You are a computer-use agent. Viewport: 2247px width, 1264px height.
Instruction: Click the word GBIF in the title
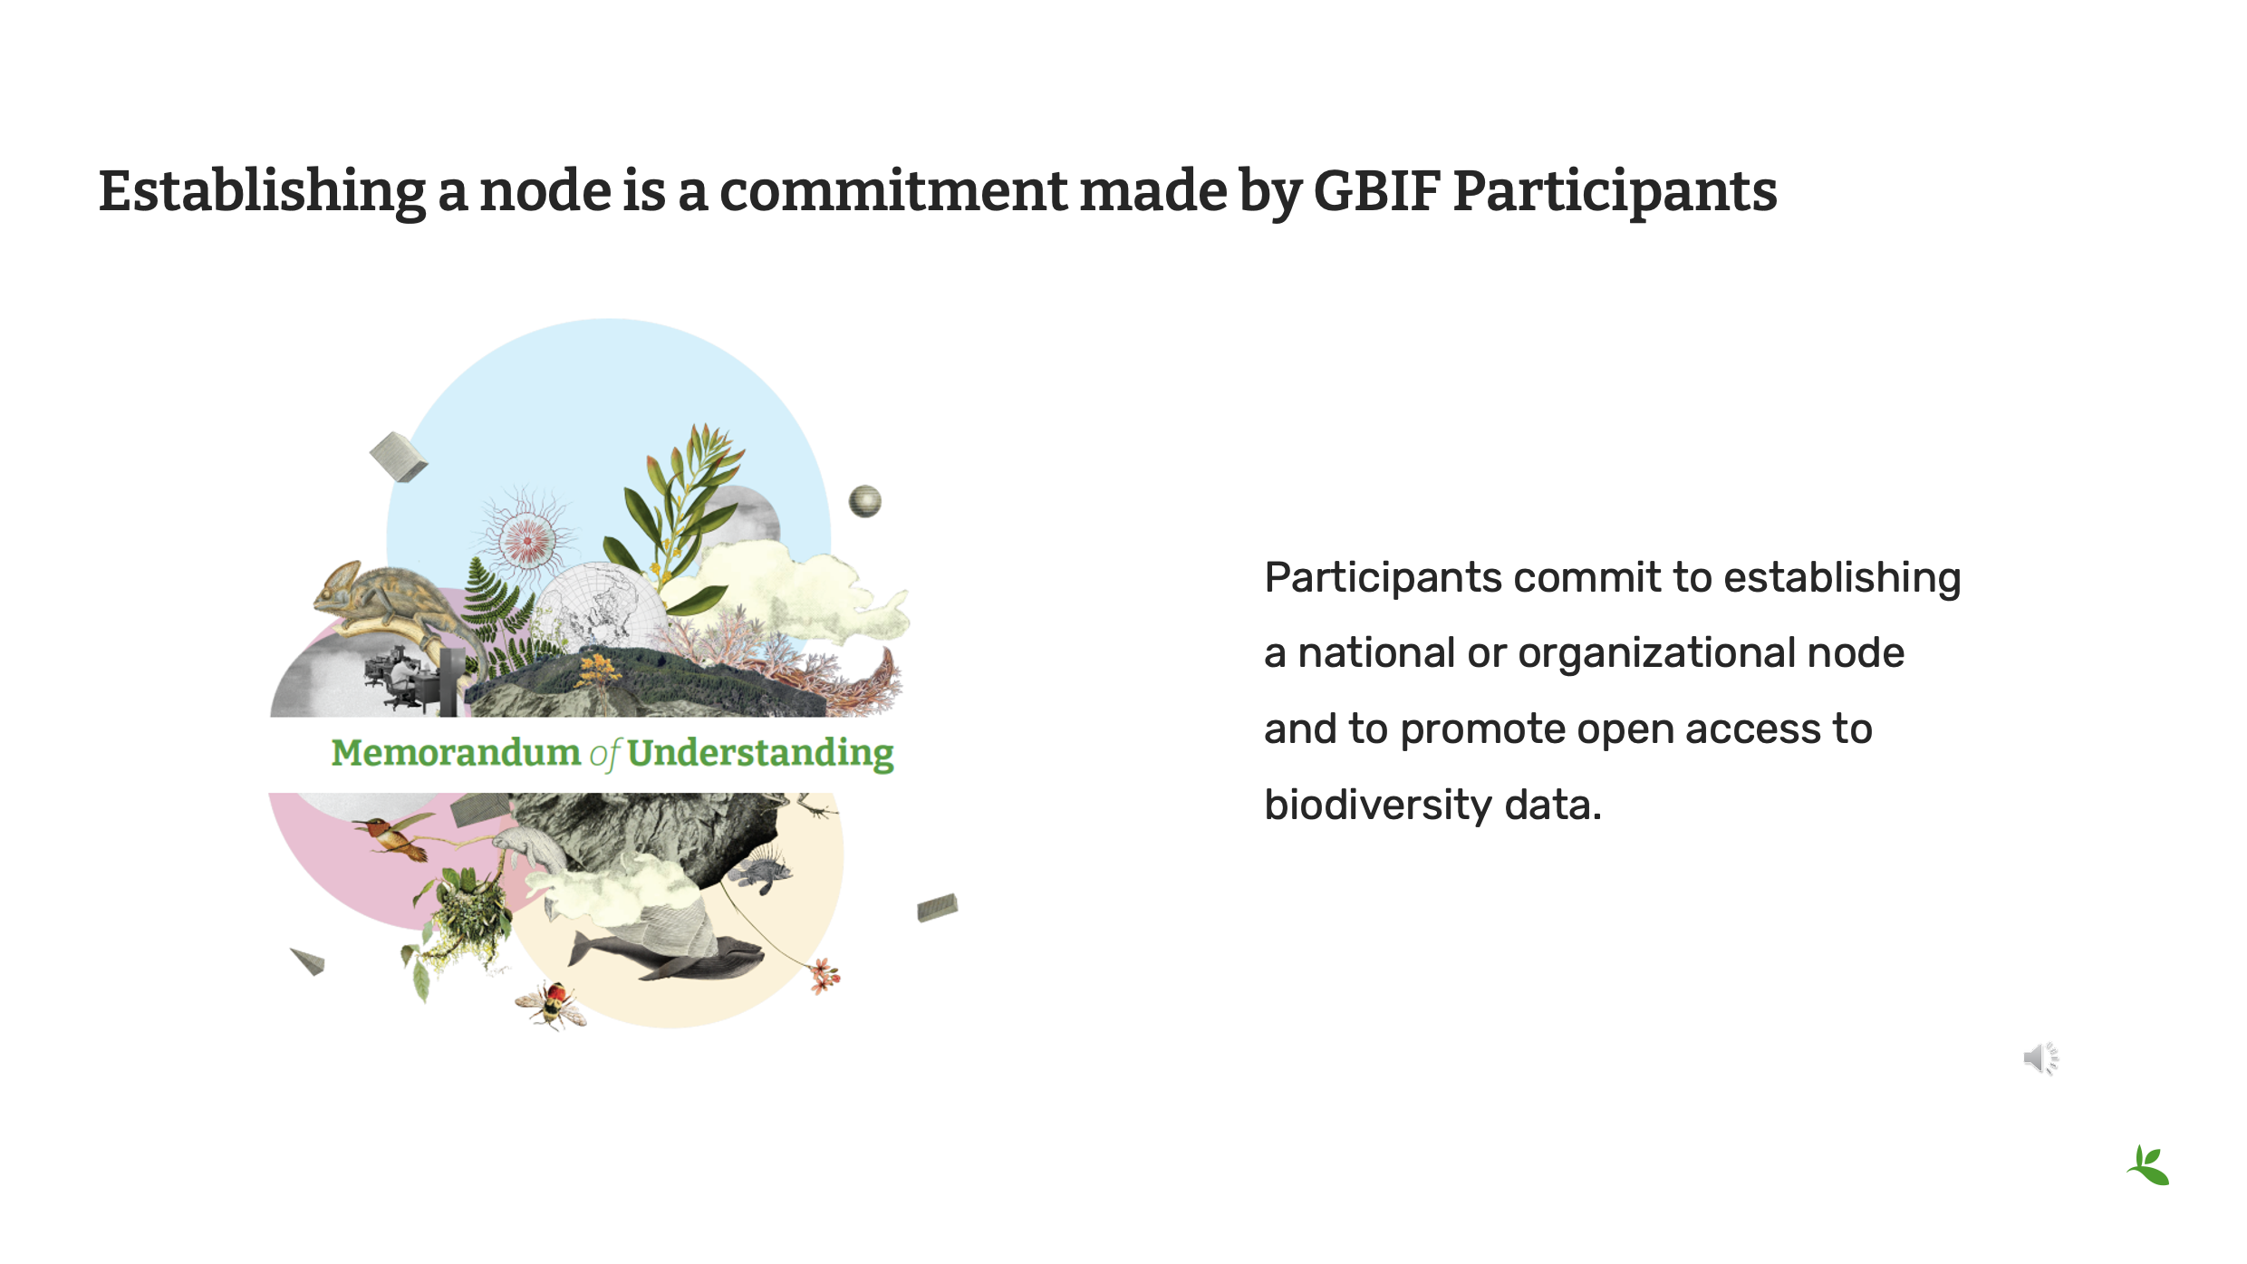coord(1376,191)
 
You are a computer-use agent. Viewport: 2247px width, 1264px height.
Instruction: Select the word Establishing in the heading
coord(262,193)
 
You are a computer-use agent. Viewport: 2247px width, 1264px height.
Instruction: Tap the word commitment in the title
coord(893,192)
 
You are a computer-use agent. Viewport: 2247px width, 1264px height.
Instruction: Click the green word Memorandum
coord(456,752)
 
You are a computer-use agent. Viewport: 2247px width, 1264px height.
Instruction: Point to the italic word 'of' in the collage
coord(605,754)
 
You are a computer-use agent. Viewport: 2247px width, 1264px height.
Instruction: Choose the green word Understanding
coord(760,754)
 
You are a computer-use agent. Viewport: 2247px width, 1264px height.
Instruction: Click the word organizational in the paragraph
coord(1657,654)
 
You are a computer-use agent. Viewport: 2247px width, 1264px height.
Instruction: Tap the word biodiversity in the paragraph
coord(1377,805)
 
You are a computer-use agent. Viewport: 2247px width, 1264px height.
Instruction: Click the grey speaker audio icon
coord(2041,1058)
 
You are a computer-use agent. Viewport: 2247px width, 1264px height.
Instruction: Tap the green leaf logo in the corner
coord(2148,1165)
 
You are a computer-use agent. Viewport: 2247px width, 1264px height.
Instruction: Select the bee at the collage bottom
coord(551,1005)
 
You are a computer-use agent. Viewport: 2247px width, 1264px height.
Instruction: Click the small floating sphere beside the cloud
coord(864,501)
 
